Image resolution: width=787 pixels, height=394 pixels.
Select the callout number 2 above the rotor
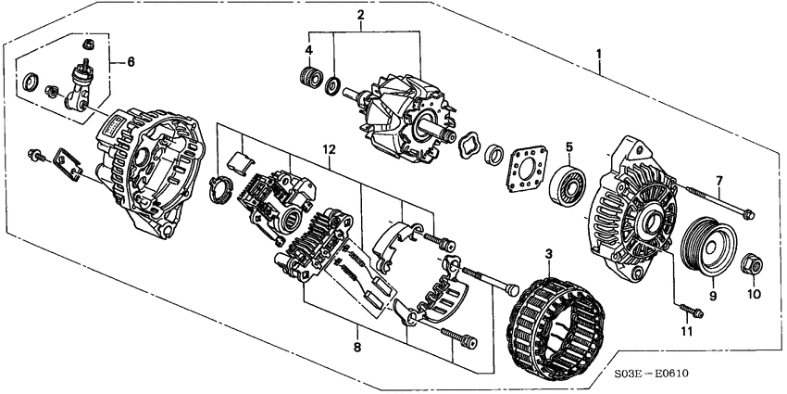360,15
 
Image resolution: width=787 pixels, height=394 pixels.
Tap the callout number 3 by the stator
548,252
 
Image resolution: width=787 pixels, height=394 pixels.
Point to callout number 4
309,49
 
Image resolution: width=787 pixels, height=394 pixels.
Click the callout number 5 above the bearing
569,146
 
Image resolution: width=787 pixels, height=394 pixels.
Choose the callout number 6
131,61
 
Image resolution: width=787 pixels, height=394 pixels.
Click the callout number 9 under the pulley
712,297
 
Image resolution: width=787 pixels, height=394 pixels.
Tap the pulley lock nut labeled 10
752,267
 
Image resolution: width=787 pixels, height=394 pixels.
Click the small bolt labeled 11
690,311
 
